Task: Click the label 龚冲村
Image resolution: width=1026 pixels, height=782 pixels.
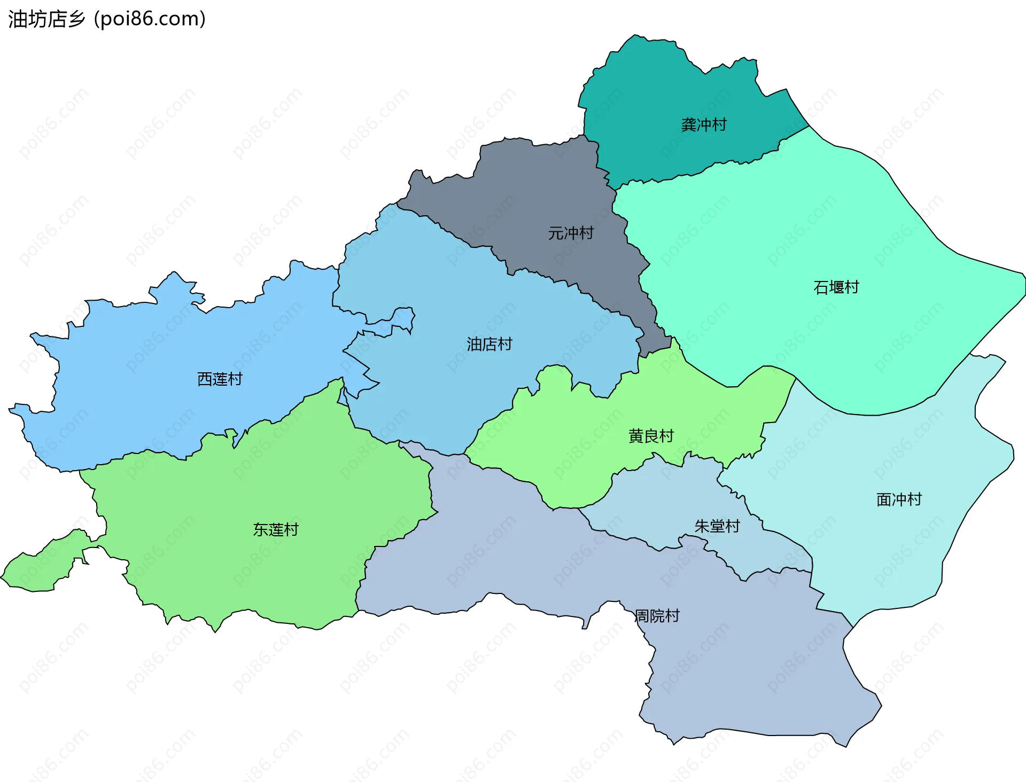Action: (704, 125)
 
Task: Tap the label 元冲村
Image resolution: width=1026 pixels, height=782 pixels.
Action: (571, 233)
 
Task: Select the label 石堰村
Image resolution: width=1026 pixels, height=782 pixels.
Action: (836, 287)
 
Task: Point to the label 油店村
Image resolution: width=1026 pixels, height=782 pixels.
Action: (489, 344)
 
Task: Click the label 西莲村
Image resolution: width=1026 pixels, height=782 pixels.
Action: (220, 379)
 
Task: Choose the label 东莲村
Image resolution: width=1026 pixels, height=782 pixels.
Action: (275, 530)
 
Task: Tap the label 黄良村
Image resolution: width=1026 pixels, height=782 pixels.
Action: (651, 436)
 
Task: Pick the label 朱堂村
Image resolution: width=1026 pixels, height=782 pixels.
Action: (717, 527)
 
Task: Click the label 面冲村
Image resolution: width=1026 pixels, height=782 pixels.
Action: (899, 500)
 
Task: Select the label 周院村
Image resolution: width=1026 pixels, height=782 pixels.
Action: (657, 616)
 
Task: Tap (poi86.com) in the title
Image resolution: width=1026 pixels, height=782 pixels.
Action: (150, 19)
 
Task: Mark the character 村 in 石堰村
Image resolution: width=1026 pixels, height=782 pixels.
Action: (851, 287)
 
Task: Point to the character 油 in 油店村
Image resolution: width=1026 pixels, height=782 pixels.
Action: (474, 344)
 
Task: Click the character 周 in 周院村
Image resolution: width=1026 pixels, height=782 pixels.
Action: (642, 616)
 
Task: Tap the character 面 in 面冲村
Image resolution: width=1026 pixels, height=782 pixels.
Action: (884, 500)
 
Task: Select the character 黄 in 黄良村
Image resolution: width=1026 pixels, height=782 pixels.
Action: (636, 436)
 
